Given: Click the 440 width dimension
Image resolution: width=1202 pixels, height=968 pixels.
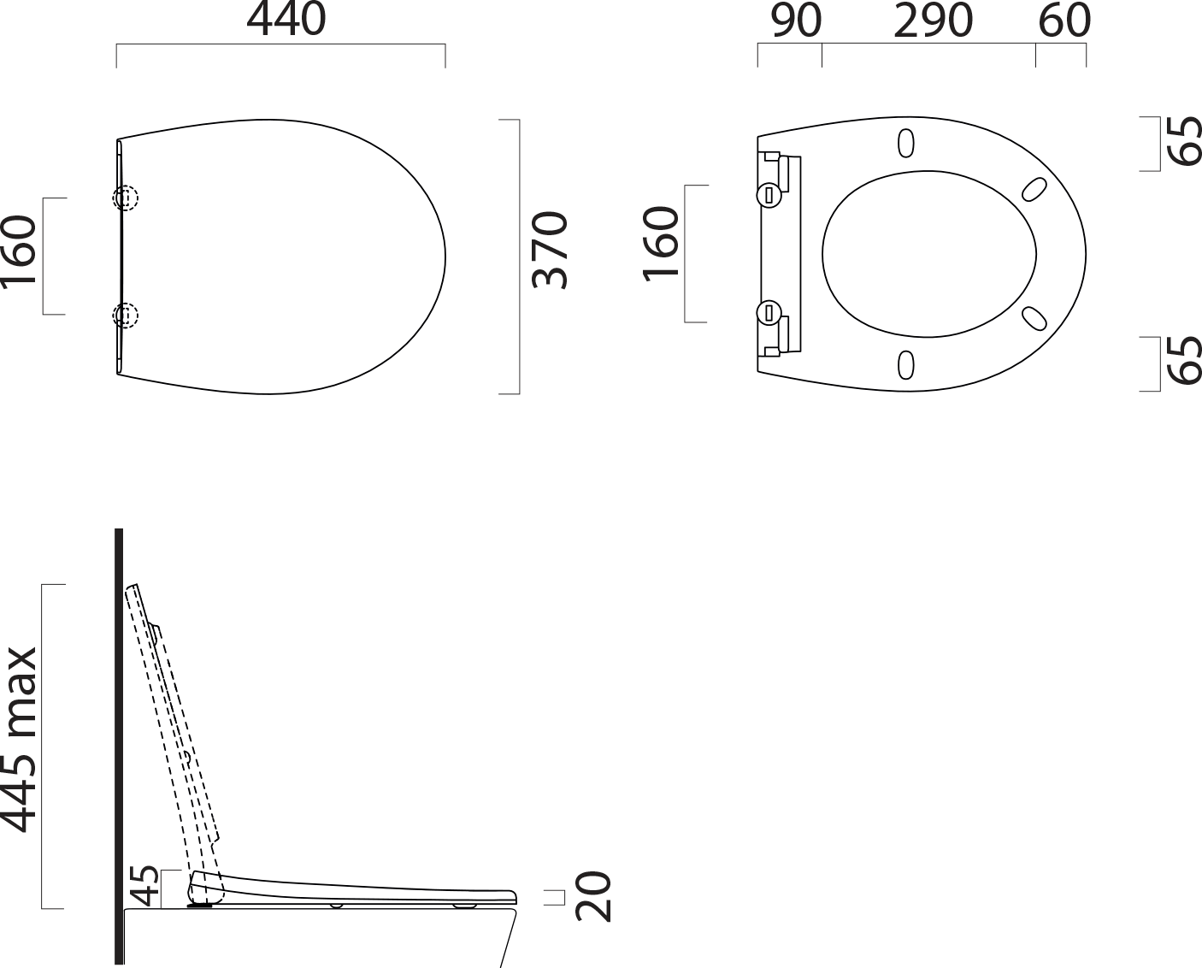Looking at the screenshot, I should click(286, 21).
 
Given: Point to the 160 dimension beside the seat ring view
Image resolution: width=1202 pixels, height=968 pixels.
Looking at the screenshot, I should click(662, 242).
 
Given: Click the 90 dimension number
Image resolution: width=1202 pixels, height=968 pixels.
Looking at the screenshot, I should click(795, 21).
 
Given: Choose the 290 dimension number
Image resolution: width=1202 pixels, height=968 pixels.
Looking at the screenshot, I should click(933, 21).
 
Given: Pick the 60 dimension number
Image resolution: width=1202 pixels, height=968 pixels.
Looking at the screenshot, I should click(1064, 21).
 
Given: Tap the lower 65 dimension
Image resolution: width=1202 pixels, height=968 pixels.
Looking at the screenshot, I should click(1186, 360).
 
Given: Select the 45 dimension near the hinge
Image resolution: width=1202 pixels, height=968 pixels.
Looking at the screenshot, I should click(146, 886).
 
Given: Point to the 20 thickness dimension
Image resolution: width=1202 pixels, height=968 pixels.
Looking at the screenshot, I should click(594, 896).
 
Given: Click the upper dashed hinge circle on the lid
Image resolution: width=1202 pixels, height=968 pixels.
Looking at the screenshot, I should click(126, 198).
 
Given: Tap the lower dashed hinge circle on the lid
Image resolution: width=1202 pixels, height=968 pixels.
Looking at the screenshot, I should click(126, 316).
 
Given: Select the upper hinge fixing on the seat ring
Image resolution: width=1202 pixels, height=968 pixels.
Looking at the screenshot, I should click(768, 195).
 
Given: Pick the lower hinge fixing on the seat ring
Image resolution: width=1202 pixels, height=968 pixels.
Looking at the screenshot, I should click(768, 311).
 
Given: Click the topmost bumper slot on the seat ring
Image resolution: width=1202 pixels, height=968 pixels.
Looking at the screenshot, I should click(906, 144).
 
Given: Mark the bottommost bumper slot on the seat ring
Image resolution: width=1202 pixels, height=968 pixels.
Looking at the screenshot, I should click(905, 364).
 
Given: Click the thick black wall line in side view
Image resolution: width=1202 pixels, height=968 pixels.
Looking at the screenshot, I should click(119, 744).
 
